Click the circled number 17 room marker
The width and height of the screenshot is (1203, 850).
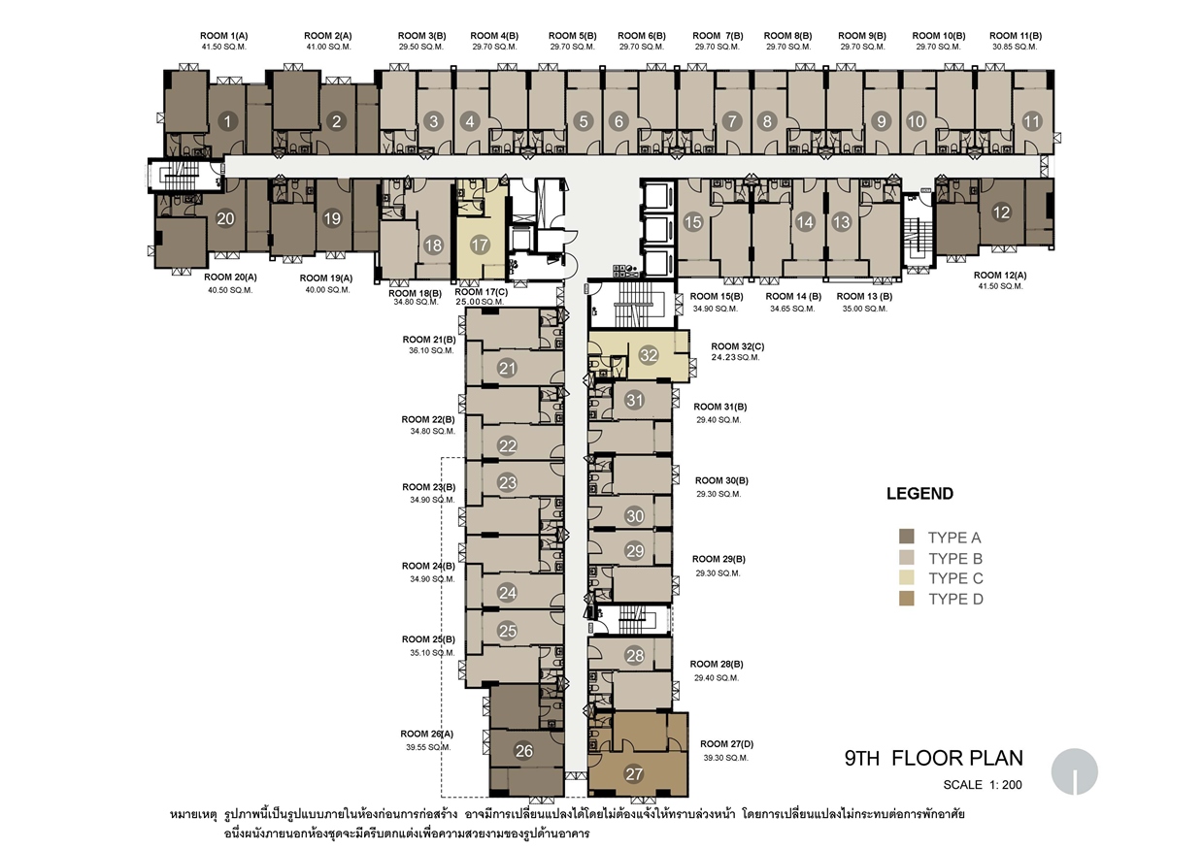480,245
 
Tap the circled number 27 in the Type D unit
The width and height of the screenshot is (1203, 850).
634,773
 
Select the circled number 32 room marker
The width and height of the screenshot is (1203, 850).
649,355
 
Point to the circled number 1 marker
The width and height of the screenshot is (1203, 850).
227,121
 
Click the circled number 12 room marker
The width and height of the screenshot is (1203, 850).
1001,212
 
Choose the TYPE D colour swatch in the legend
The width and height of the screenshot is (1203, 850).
907,599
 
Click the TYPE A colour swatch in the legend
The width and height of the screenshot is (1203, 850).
907,536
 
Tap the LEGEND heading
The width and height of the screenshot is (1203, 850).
919,493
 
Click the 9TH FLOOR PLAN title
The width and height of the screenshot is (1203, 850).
934,758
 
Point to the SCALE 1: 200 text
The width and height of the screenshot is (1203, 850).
983,785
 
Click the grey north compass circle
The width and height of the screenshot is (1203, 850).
1074,771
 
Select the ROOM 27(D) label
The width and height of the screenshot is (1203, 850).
726,743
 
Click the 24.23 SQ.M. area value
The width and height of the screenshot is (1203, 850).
735,357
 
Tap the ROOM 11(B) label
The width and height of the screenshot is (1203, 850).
1016,35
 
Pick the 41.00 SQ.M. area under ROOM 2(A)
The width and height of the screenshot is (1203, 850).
329,47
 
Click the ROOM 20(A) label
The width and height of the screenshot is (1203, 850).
230,277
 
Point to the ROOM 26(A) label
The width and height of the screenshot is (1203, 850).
427,734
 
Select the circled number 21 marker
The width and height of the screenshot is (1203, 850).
507,368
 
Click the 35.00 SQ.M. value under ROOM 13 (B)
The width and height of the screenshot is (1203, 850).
864,309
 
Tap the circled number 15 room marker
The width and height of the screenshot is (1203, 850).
693,222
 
